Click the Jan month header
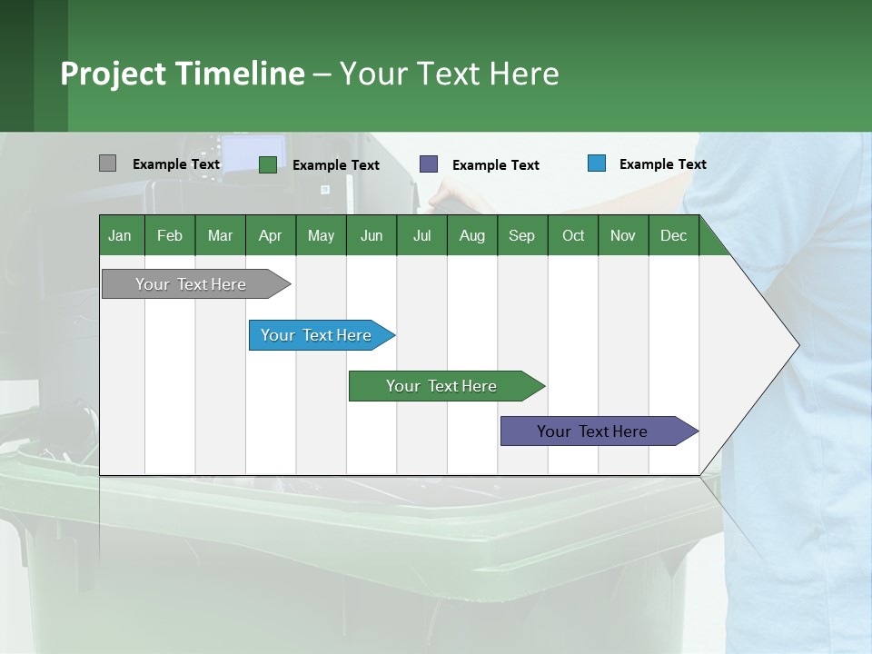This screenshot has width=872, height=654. point(120,235)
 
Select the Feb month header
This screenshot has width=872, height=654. point(170,235)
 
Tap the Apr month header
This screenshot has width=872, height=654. point(271,235)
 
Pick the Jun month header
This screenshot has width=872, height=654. point(372,235)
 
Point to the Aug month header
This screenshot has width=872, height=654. point(472,235)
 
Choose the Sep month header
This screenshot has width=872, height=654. point(522,235)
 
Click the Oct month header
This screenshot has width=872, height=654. point(573,235)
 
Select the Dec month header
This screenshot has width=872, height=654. point(674,235)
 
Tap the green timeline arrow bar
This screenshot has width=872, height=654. point(442,386)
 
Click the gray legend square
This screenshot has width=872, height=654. point(108,163)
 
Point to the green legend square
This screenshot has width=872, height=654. point(268,164)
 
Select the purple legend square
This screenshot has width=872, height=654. point(429,163)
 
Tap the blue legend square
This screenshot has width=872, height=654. point(597,163)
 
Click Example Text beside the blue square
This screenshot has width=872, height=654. point(662,163)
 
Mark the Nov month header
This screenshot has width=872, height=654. point(623,235)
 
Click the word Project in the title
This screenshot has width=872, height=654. point(112,73)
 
